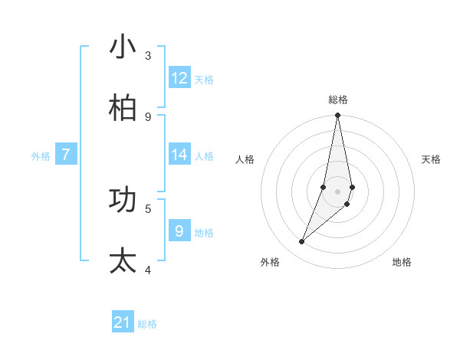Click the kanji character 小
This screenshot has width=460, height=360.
[123, 47]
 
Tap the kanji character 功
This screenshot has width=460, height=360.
[123, 201]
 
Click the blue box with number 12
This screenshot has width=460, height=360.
[179, 78]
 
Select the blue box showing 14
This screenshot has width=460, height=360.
[179, 155]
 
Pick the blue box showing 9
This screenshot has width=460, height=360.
[179, 231]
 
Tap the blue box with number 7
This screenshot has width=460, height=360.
[66, 155]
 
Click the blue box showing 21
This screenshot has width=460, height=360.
[123, 322]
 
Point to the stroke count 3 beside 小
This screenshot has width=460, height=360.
[148, 56]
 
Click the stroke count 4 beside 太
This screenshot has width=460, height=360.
[148, 270]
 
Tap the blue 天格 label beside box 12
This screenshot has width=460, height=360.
[204, 80]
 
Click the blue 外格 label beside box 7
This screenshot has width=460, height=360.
[41, 156]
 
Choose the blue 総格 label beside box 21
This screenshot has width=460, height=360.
[147, 324]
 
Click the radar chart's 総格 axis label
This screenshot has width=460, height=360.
[338, 100]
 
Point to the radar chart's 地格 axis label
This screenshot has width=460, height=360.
[402, 262]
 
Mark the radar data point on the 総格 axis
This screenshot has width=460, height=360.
[337, 116]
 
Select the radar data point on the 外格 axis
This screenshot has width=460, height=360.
[302, 242]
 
